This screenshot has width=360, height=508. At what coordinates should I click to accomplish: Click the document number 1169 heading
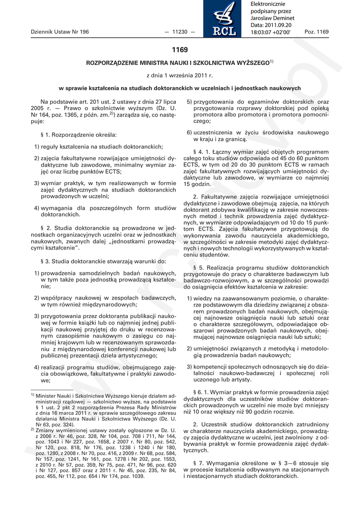[x=180, y=50]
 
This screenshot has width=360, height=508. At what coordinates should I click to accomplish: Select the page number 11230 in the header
[x=179, y=32]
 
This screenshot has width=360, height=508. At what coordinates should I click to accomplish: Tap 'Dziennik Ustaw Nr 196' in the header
[x=60, y=32]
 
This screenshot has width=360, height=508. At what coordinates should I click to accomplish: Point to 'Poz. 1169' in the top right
[x=316, y=32]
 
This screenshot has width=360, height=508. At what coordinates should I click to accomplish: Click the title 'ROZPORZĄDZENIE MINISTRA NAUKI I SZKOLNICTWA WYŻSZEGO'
[x=178, y=63]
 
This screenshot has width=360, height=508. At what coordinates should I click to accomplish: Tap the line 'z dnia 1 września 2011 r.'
[x=179, y=75]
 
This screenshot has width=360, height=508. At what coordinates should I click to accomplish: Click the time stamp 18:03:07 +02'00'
[x=270, y=32]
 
